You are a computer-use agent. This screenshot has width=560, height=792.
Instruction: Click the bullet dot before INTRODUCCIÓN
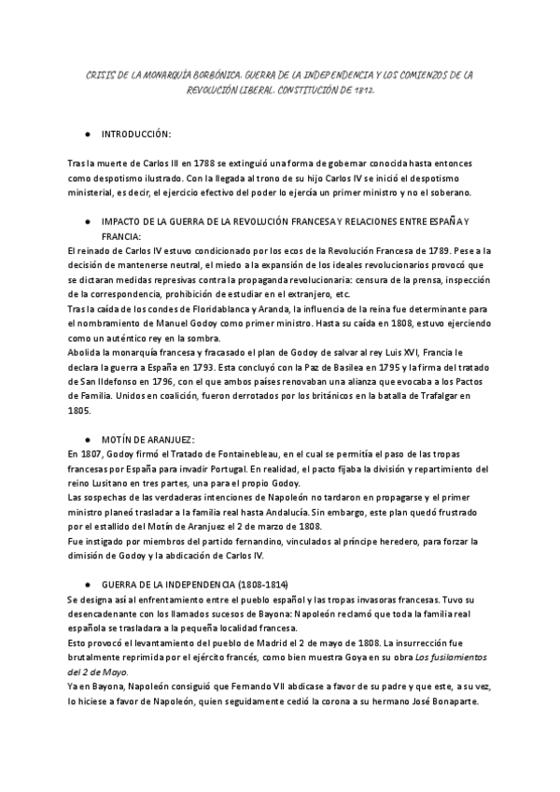pyautogui.click(x=86, y=135)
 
